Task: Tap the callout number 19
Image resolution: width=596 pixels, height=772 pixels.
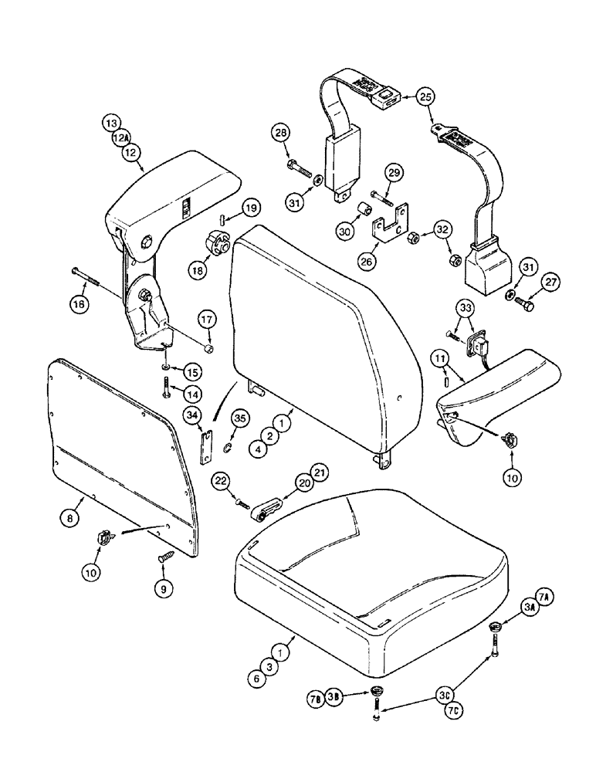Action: pos(252,208)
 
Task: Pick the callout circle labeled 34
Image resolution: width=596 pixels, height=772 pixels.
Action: pos(192,417)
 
